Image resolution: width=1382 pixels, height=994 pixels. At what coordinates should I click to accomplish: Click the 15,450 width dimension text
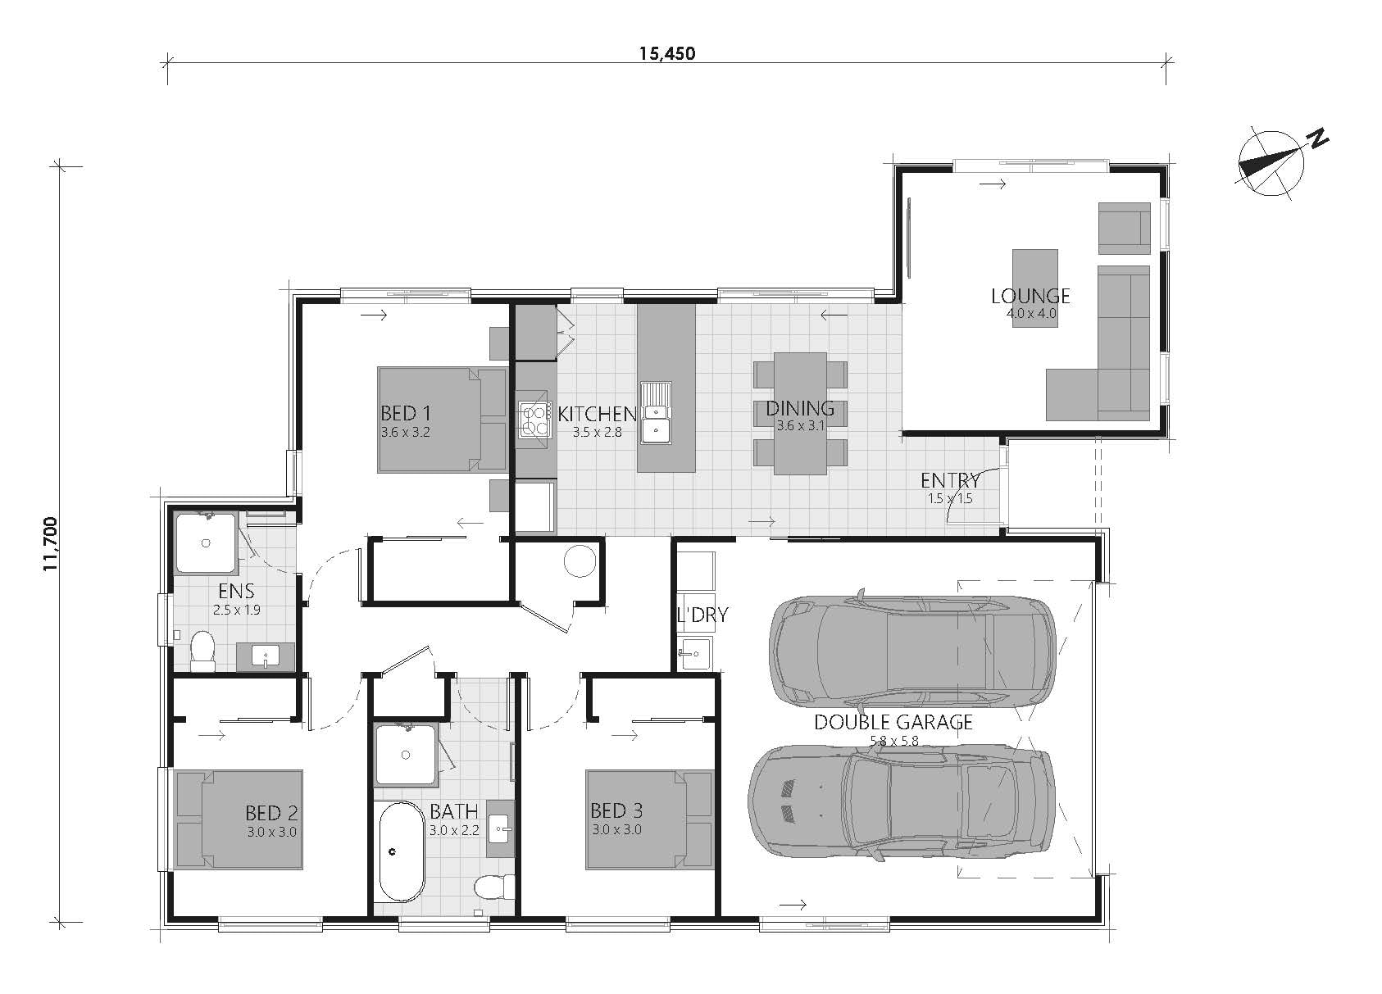(x=667, y=53)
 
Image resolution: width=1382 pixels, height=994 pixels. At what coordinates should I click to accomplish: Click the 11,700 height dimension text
(x=51, y=544)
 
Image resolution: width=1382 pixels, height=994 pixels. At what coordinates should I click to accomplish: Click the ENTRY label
(x=950, y=479)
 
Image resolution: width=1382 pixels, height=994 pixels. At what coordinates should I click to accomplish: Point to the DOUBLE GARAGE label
(x=893, y=722)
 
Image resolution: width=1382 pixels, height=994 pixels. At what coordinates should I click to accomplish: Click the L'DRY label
(x=702, y=614)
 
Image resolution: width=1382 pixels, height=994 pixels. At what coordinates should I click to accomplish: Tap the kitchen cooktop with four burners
(x=534, y=419)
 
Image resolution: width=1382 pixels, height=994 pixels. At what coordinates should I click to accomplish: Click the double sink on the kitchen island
(x=656, y=412)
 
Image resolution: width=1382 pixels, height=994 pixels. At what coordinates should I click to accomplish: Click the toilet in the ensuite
(x=202, y=651)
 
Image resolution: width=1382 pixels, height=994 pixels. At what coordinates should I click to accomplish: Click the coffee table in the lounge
(x=1034, y=288)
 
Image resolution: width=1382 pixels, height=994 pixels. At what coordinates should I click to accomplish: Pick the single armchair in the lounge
(x=1124, y=228)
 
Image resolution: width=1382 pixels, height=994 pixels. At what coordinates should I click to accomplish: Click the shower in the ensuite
(x=206, y=542)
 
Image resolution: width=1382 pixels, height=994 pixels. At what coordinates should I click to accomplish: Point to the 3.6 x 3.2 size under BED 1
(x=406, y=432)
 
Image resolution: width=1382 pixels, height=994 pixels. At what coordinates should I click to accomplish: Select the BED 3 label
(x=616, y=810)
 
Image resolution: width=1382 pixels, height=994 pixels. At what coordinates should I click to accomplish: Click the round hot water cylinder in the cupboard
(x=580, y=561)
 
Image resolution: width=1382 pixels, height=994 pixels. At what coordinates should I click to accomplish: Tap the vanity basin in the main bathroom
(x=500, y=828)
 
